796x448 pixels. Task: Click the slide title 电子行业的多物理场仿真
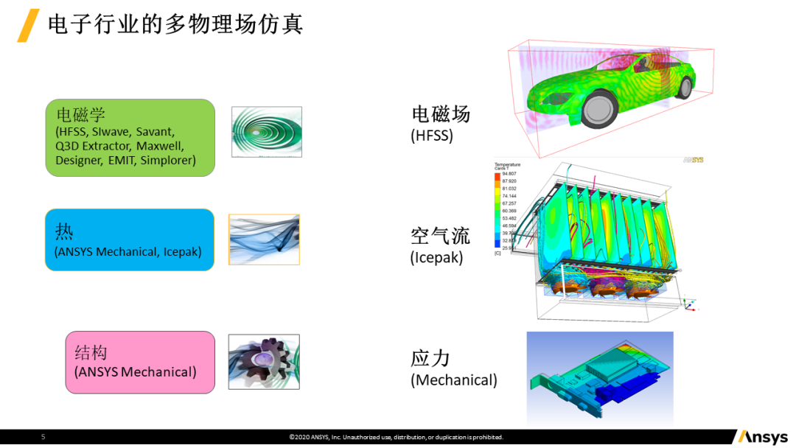click(x=175, y=25)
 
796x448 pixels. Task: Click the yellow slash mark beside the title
click(x=28, y=26)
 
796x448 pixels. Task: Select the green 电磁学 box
click(x=130, y=138)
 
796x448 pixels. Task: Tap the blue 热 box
click(x=130, y=239)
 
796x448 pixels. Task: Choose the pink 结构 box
click(x=140, y=362)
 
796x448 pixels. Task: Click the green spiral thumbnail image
click(x=266, y=133)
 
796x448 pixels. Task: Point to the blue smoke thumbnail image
click(x=264, y=239)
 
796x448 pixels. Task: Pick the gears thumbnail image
click(x=263, y=362)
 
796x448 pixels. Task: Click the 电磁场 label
click(x=441, y=114)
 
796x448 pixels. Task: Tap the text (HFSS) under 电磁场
click(x=432, y=136)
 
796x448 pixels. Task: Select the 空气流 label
click(x=440, y=236)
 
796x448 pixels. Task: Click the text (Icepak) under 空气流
click(x=436, y=258)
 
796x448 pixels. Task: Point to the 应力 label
click(x=430, y=359)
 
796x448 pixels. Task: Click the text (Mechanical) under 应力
click(x=454, y=380)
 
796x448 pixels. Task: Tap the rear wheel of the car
click(x=684, y=87)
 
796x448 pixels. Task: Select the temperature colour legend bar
click(x=497, y=211)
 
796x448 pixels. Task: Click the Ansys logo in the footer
click(x=762, y=437)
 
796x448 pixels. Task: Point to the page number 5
click(x=43, y=437)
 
